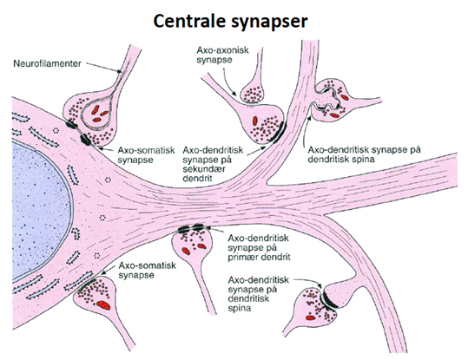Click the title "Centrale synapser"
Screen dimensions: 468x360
[230, 22]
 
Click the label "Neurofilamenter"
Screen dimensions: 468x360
[47, 63]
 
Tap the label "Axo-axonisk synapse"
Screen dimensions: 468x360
[222, 55]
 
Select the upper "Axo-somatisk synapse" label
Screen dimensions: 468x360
[146, 154]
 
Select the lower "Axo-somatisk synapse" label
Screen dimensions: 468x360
[147, 270]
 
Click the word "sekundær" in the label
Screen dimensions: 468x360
[204, 169]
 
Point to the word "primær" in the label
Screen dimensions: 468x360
[243, 257]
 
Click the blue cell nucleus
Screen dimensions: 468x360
[39, 209]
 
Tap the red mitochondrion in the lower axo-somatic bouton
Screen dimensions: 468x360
[103, 304]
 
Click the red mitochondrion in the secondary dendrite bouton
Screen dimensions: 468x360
[255, 121]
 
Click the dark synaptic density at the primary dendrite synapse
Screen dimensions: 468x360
[191, 229]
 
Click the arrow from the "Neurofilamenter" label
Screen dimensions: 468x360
[103, 68]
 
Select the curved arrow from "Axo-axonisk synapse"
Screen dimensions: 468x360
[227, 82]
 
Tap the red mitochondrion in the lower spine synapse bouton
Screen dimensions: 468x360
[311, 318]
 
